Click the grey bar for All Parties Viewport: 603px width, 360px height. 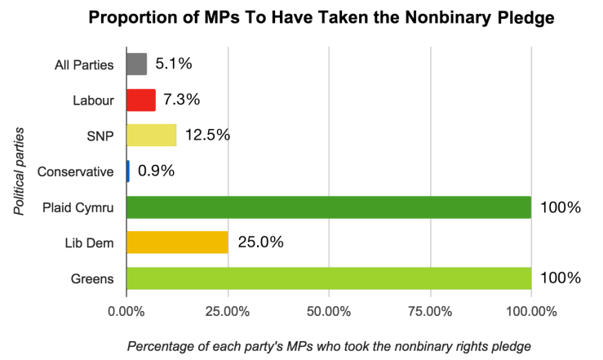point(136,64)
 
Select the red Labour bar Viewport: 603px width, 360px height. point(140,100)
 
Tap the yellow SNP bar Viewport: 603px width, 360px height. point(151,136)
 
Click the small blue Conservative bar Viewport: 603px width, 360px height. point(127,171)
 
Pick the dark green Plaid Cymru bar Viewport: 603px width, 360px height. point(328,207)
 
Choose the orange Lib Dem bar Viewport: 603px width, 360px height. point(176,242)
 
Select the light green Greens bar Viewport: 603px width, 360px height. point(328,278)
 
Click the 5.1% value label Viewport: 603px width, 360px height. point(173,64)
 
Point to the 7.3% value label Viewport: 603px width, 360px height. point(182,100)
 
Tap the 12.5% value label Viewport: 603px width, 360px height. point(207,136)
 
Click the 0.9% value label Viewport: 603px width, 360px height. point(157,171)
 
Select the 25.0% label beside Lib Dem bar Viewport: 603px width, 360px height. point(260,242)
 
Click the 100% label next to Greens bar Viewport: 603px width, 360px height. point(560,278)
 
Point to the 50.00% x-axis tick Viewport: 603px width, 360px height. point(328,311)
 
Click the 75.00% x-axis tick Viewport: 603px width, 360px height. point(429,311)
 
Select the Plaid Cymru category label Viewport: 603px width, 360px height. point(78,207)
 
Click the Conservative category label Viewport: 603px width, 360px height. point(78,171)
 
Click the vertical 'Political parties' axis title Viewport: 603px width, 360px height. point(18,171)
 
